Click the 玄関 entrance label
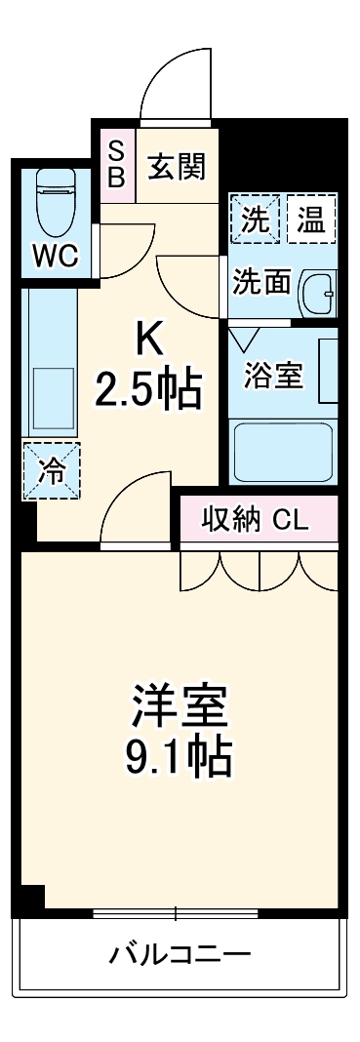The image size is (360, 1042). coord(177,167)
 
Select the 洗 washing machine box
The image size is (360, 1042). coord(257,219)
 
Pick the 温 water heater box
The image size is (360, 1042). coord(311,219)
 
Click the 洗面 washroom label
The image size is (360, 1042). coord(260,282)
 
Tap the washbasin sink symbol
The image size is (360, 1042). coord(317,288)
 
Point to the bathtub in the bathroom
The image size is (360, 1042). coord(283,451)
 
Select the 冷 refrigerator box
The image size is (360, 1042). coord(50,470)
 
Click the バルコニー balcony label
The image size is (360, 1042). coord(180,952)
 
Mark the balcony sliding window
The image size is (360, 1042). coord(177,914)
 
